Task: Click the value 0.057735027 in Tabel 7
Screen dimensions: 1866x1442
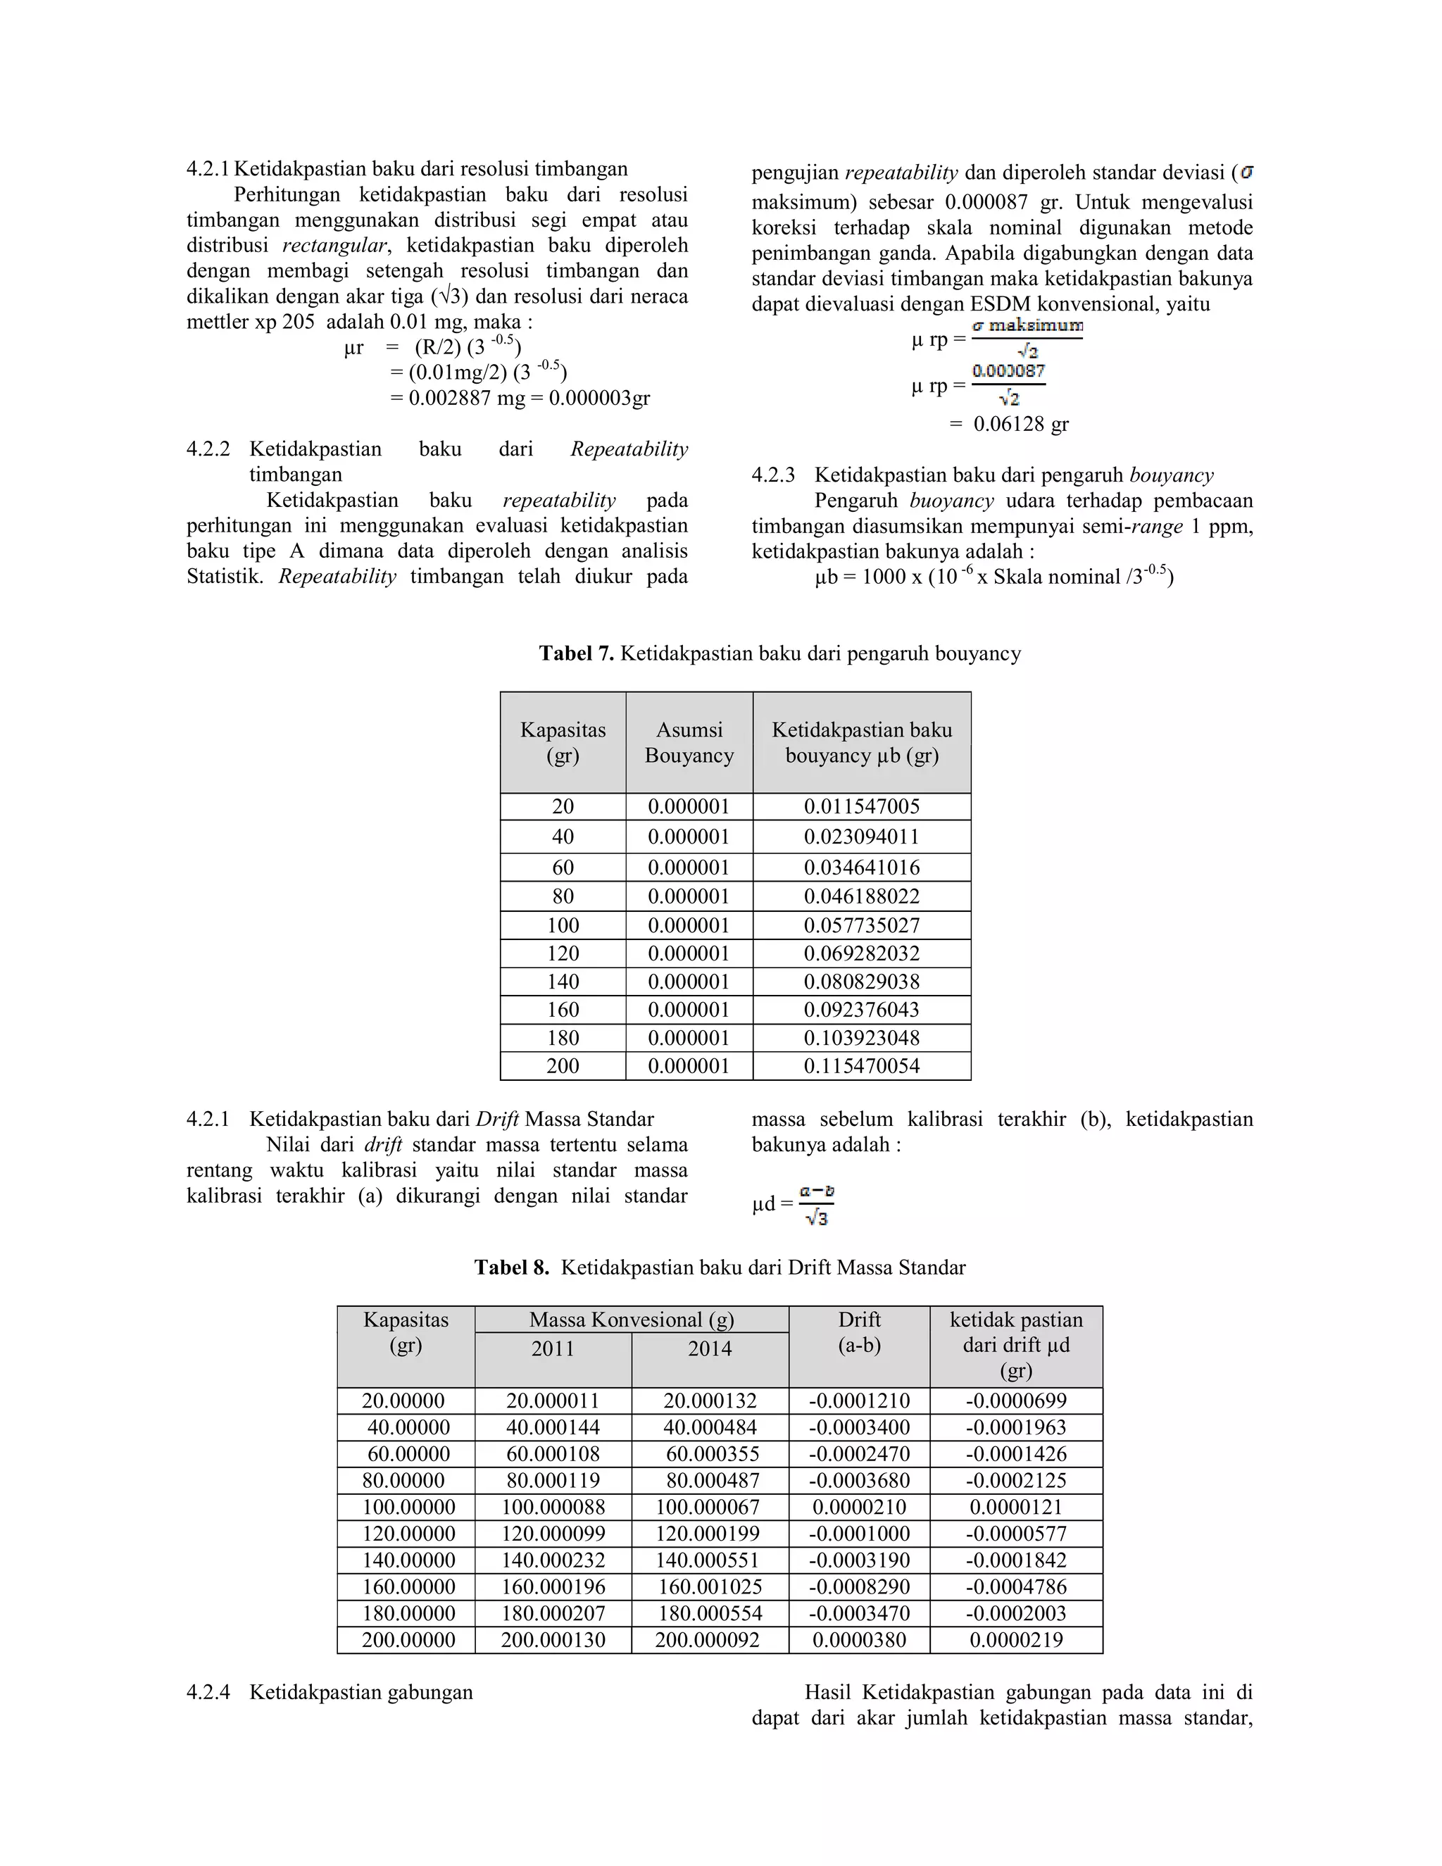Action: pyautogui.click(x=861, y=925)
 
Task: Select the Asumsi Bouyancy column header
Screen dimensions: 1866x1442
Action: pyautogui.click(x=689, y=742)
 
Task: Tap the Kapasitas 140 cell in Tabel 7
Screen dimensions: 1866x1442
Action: pyautogui.click(x=563, y=982)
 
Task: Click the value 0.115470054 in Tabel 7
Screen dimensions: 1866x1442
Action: pyautogui.click(x=861, y=1066)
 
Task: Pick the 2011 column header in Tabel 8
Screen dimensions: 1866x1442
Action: pyautogui.click(x=553, y=1349)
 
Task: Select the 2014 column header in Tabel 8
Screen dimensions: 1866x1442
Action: pyautogui.click(x=710, y=1349)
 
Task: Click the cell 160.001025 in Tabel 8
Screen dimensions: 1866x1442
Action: pyautogui.click(x=709, y=1587)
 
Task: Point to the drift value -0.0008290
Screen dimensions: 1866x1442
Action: pyautogui.click(x=858, y=1587)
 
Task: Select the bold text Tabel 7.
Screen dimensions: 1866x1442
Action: pyautogui.click(x=576, y=653)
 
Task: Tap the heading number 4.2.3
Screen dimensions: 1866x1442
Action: pyautogui.click(x=773, y=476)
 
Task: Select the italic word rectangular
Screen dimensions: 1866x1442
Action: pyautogui.click(x=334, y=246)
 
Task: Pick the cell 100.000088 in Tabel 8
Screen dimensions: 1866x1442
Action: pyautogui.click(x=553, y=1507)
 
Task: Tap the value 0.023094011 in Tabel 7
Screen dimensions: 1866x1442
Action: pyautogui.click(x=861, y=837)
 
